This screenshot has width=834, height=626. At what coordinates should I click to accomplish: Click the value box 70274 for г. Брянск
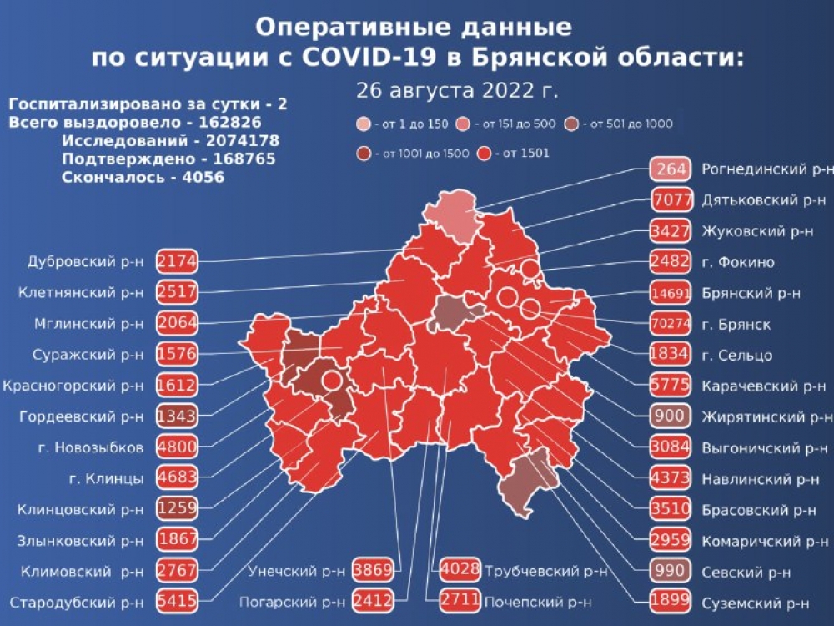click(x=671, y=324)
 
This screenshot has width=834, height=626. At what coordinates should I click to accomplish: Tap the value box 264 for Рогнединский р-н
click(x=671, y=169)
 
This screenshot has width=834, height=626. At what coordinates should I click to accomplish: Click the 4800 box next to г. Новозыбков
click(x=176, y=447)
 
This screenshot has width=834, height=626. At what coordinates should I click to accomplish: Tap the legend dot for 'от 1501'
click(x=485, y=153)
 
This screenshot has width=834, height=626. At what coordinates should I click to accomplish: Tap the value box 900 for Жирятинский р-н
click(x=671, y=416)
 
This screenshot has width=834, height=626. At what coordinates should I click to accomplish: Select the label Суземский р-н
click(x=756, y=602)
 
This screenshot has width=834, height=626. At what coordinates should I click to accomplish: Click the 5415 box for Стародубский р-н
click(x=176, y=602)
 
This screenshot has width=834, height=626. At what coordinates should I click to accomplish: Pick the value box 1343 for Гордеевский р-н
click(x=176, y=416)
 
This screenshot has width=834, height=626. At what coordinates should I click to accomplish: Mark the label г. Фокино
click(x=737, y=262)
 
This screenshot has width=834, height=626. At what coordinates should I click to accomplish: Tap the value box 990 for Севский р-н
click(x=671, y=571)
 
